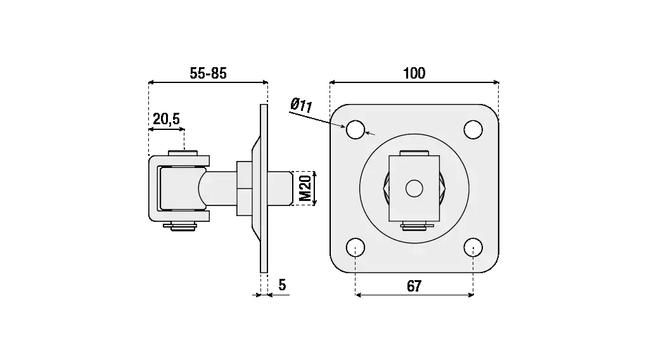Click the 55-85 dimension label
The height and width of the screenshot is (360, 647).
pos(208,74)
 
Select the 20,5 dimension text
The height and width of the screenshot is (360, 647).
pos(166,119)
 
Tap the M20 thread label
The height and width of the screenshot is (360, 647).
pos(305,188)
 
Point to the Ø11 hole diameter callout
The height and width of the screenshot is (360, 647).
pos(301,105)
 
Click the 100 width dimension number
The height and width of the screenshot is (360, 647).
pos(414,74)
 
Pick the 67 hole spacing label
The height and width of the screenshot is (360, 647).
pos(414,286)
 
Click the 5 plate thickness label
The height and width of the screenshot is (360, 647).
pos(282,285)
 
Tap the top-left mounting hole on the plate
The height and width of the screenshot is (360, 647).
pos(356,130)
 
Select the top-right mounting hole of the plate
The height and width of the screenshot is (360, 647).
pos(473,130)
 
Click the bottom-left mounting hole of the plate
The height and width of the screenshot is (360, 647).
pos(356,248)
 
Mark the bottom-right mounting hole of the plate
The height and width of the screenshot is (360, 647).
pos(473,248)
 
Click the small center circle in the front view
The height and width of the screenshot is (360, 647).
pos(414,189)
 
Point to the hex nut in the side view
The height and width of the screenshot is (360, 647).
pos(244,188)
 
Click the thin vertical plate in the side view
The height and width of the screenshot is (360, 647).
pos(264,188)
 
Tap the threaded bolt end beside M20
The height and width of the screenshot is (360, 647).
pos(280,188)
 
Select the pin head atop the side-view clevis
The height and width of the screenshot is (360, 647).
pos(183,153)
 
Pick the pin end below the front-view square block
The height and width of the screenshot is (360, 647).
pos(414,226)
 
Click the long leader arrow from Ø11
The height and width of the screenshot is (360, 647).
pos(317,119)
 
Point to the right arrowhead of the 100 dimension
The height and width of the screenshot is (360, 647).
pos(496,82)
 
